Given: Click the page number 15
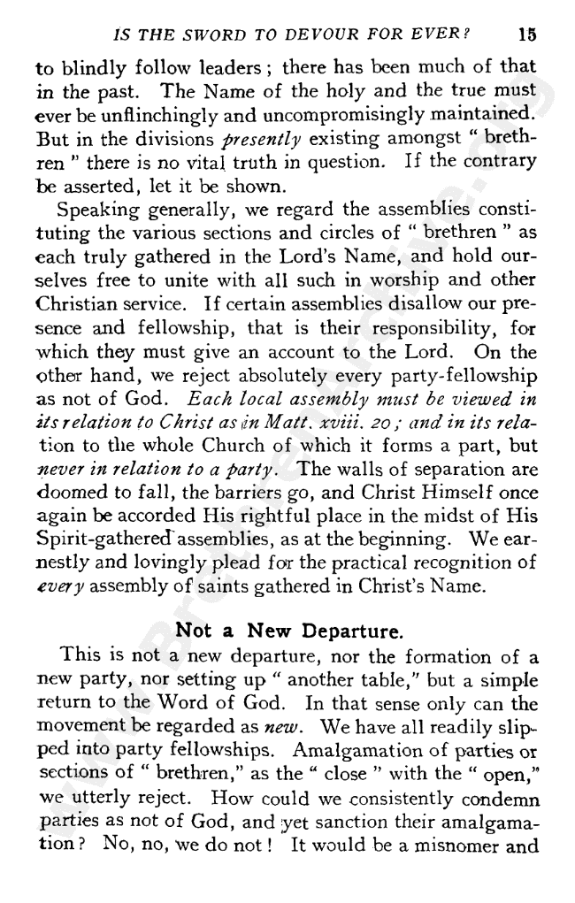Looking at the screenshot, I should click(528, 36).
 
